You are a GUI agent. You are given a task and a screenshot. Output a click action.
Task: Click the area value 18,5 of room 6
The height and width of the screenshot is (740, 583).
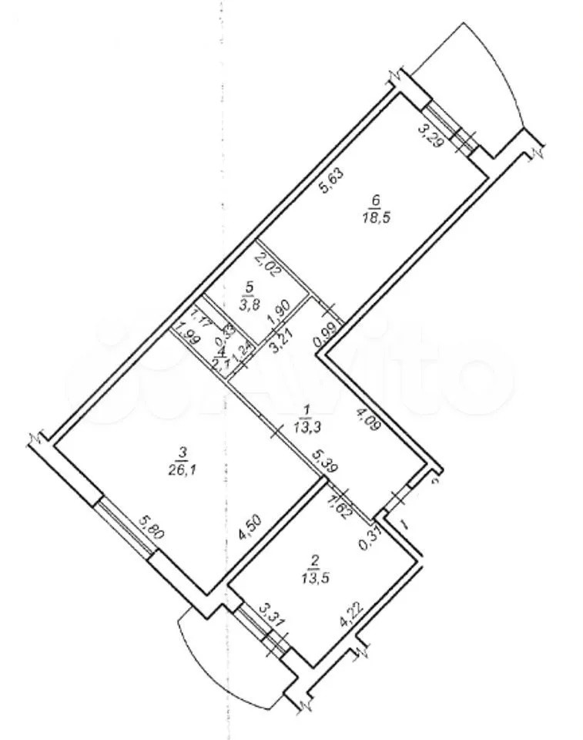[x=375, y=218]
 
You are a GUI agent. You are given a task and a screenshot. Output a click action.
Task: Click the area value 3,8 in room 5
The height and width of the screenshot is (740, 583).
[x=248, y=304]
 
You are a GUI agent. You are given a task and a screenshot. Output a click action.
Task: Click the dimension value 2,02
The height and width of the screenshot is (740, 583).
[x=264, y=268]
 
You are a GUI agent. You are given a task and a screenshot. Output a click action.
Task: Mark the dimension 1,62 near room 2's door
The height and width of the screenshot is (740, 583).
[x=339, y=506]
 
